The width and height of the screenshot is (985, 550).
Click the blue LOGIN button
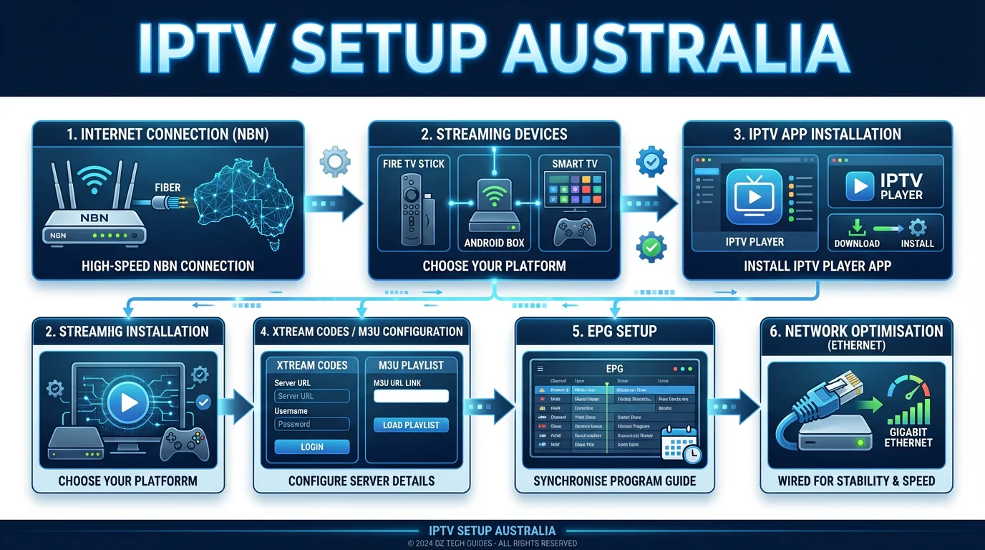(311, 447)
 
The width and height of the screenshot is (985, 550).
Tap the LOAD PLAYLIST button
(411, 425)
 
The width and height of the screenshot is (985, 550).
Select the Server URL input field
(311, 396)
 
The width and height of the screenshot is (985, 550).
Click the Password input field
(311, 424)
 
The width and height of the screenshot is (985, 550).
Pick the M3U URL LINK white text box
(411, 396)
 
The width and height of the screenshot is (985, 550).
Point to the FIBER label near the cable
(168, 188)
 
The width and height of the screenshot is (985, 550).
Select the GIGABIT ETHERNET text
(908, 437)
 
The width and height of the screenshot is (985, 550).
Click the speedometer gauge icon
(908, 396)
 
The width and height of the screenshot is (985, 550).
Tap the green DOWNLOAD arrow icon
(856, 228)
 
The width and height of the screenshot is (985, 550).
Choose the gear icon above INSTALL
(917, 228)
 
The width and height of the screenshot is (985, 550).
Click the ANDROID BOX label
(494, 243)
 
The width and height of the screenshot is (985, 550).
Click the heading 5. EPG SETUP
(614, 332)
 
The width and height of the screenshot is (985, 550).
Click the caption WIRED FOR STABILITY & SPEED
(856, 481)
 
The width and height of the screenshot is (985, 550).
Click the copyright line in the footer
(492, 544)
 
